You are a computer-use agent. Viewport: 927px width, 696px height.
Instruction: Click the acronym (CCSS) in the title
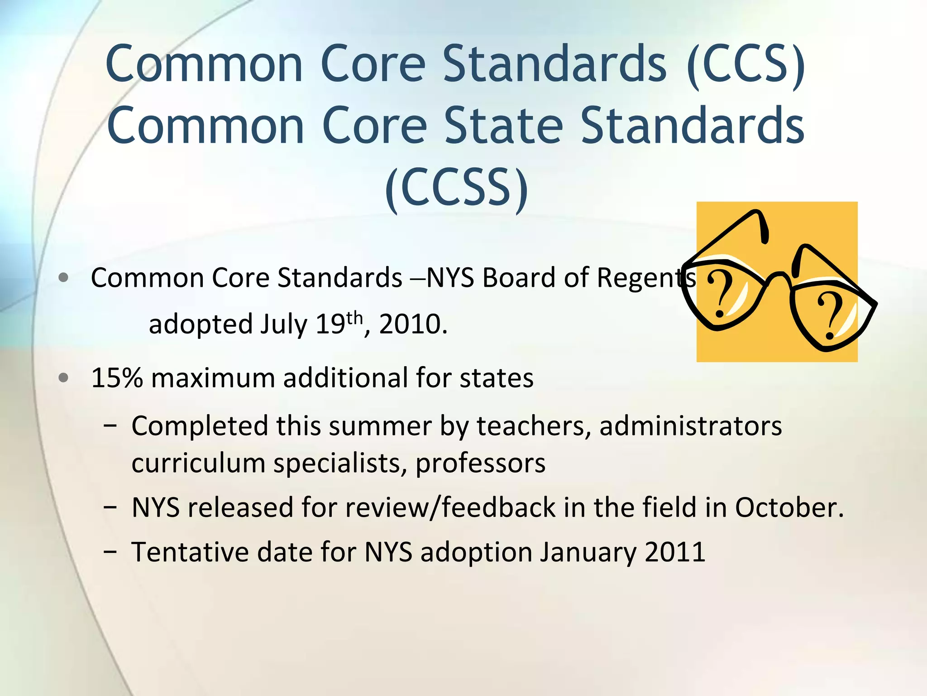pyautogui.click(x=456, y=187)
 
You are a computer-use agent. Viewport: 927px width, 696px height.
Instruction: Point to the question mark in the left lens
pyautogui.click(x=721, y=294)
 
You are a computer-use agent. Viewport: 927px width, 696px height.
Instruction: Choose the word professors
pyautogui.click(x=480, y=464)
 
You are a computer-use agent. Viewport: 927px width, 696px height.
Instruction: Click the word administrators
pyautogui.click(x=690, y=426)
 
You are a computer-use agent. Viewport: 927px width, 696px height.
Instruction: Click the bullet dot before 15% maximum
pyautogui.click(x=64, y=377)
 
